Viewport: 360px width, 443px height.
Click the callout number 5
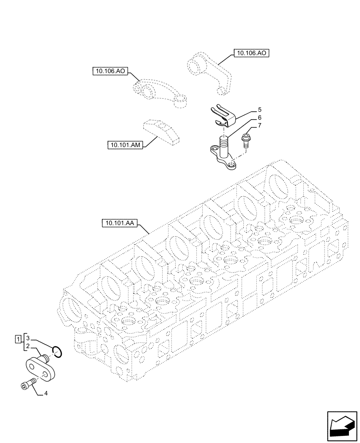coord(260,109)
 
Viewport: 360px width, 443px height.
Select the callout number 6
coord(260,118)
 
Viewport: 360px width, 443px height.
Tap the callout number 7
coord(260,126)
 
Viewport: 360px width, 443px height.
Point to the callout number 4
coord(46,393)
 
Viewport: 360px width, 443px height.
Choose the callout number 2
coord(27,346)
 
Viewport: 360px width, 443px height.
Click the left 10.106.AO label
coord(109,71)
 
